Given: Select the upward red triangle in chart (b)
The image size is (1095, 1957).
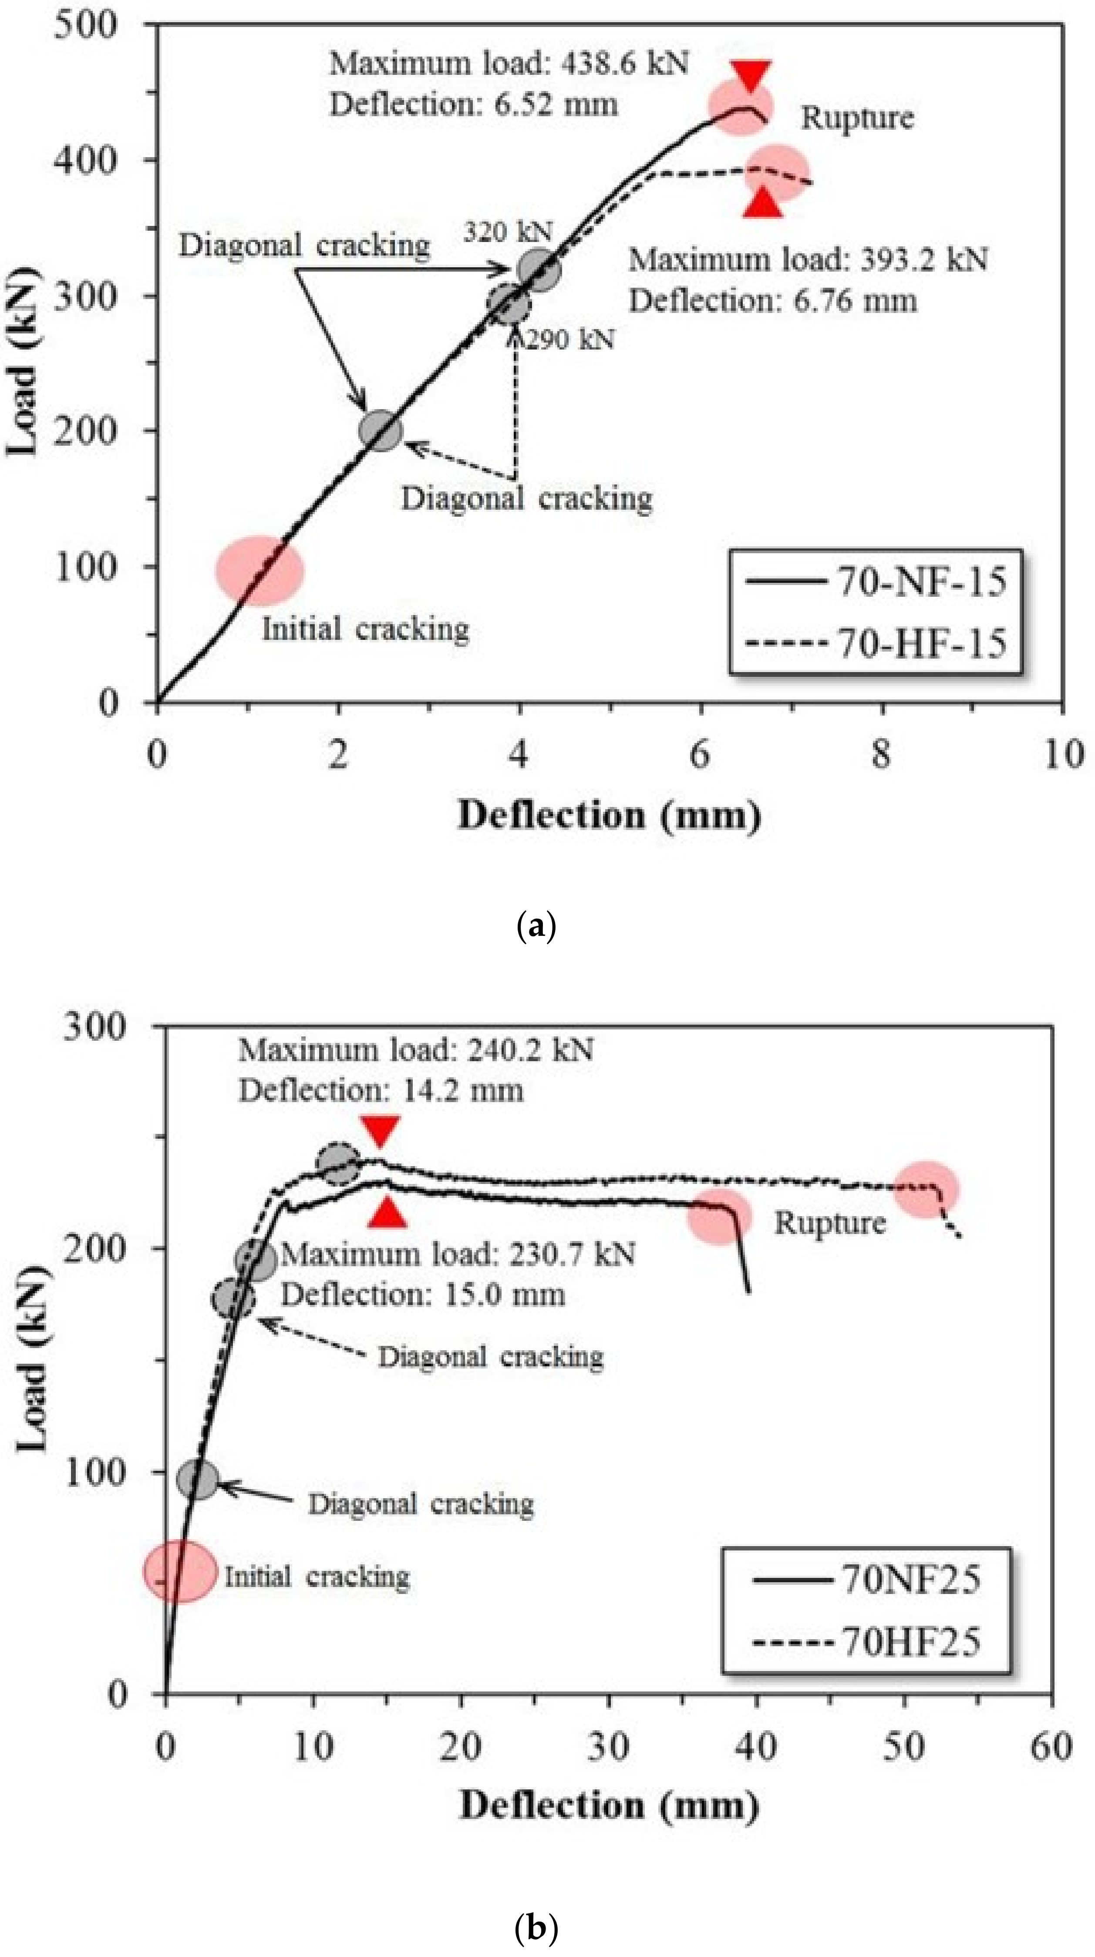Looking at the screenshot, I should [387, 1213].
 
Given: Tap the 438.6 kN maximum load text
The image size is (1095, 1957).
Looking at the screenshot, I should [509, 64].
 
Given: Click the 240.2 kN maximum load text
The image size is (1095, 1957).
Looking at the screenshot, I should [416, 1050].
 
